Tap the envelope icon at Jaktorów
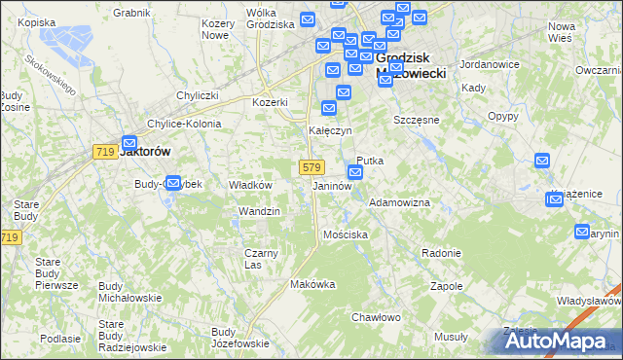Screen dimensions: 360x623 coord(128,143)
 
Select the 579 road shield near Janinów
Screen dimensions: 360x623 coord(311,167)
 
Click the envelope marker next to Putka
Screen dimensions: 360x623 coord(355,173)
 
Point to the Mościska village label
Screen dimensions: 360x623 coord(345,234)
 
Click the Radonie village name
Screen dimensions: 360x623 coord(441,253)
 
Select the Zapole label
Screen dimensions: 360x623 coord(446,287)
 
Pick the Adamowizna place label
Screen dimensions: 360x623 coord(399,202)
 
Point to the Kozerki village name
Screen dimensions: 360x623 coord(270,102)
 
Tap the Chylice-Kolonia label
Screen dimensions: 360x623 coord(184,125)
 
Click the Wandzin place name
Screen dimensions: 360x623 coord(259,211)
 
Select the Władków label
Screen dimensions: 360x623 coord(249,184)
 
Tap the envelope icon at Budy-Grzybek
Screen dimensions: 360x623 coord(173,182)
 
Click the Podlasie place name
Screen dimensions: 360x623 coord(60,338)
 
